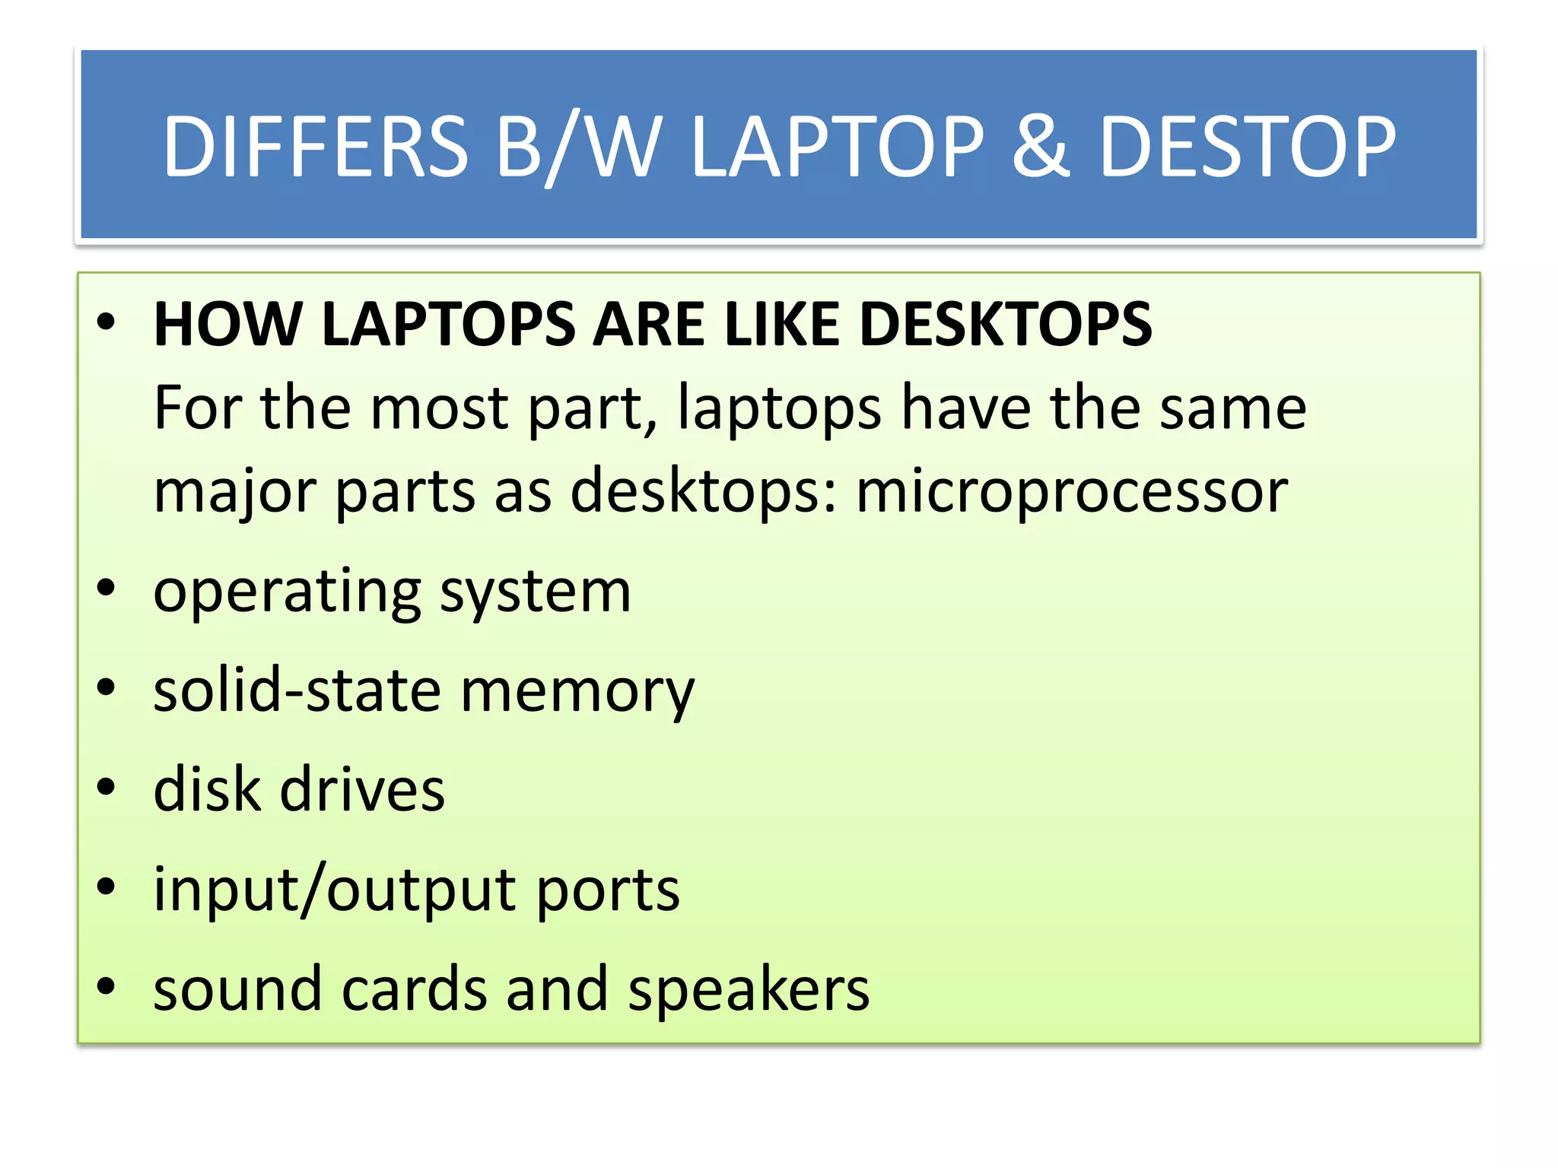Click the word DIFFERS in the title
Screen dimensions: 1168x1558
pyautogui.click(x=316, y=146)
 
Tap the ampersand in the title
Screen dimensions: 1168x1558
pyautogui.click(x=1041, y=146)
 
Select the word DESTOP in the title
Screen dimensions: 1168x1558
pyautogui.click(x=1248, y=146)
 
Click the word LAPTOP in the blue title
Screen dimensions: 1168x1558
pyautogui.click(x=838, y=146)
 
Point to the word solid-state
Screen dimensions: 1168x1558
pyautogui.click(x=297, y=690)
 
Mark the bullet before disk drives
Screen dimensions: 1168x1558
pyautogui.click(x=107, y=788)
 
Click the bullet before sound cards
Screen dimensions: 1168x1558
pyautogui.click(x=107, y=986)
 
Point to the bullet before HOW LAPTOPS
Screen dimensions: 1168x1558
pyautogui.click(x=107, y=322)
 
